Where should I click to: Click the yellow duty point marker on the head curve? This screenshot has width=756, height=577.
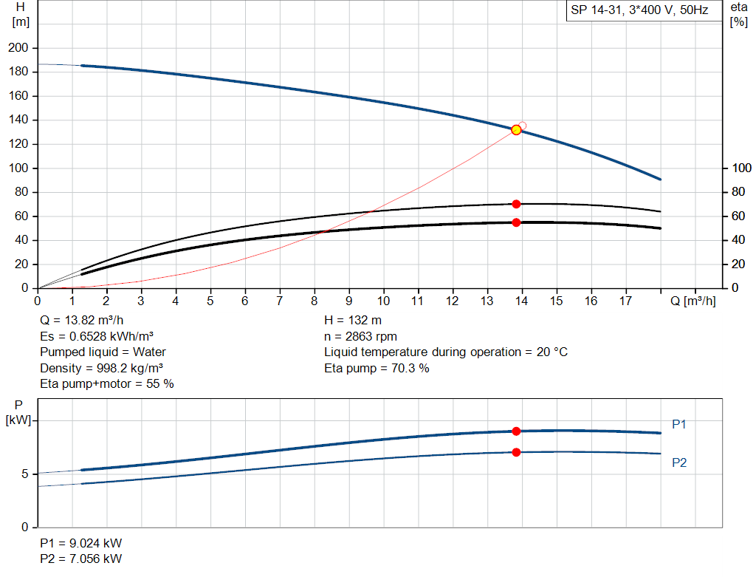coord(516,130)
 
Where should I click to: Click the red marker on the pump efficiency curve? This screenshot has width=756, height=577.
coord(516,204)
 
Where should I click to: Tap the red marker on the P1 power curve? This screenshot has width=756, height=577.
coord(516,431)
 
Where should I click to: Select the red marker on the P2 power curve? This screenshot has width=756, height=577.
coord(516,452)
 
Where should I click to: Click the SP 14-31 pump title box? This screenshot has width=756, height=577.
coord(639,10)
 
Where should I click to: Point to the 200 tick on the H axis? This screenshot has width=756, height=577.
coord(18,48)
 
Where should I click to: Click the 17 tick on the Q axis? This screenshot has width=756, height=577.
coord(626,301)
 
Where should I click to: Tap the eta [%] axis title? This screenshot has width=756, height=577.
coord(739,14)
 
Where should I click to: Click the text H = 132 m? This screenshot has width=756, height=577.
coord(353,321)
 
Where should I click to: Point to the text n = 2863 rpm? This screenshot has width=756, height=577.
coord(360,336)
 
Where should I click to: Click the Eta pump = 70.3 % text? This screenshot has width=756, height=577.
coord(377,368)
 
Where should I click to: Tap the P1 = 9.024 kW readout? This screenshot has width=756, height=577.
coord(80,544)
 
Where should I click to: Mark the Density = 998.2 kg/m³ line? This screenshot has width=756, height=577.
coord(101,368)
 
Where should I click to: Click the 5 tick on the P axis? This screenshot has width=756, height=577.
coord(24,474)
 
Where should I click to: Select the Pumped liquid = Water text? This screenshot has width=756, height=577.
coord(103,352)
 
